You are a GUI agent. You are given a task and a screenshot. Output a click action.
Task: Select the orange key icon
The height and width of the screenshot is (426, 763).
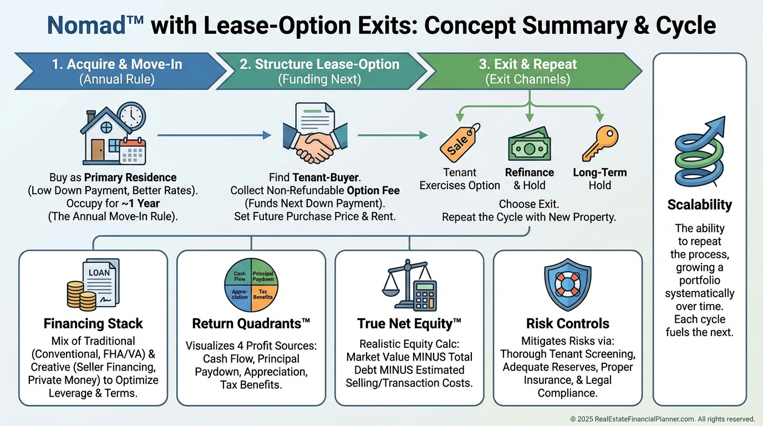pyautogui.click(x=599, y=143)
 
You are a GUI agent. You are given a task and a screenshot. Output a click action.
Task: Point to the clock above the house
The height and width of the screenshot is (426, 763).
pyautogui.click(x=131, y=116)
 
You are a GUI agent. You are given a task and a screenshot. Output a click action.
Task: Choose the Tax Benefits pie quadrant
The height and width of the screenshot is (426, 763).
pyautogui.click(x=263, y=293)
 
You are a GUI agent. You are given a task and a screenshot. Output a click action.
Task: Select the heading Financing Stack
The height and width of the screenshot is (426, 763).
pyautogui.click(x=93, y=323)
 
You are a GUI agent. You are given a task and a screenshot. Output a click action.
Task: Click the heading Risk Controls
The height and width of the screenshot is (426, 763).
pyautogui.click(x=567, y=323)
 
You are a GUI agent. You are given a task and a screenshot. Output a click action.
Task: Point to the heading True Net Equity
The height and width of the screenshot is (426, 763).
pyautogui.click(x=409, y=323)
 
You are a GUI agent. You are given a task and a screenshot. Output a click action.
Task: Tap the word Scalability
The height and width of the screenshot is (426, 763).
pyautogui.click(x=699, y=205)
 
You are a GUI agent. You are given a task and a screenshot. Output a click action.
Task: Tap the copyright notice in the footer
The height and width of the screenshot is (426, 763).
pyautogui.click(x=662, y=419)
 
